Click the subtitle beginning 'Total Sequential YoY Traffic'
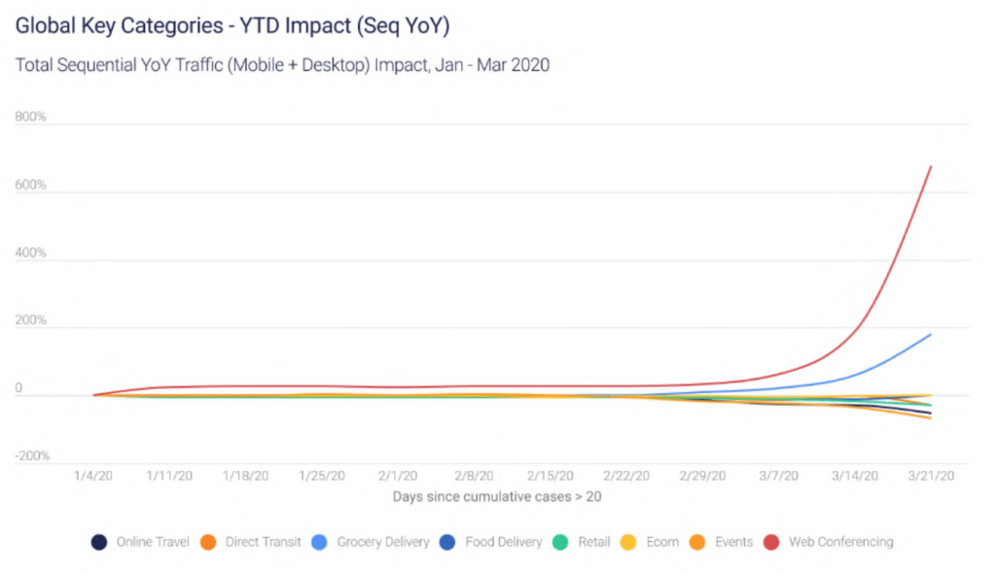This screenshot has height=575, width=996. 282,65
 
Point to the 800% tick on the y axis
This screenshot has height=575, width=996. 31,117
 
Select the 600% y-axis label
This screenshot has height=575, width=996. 31,185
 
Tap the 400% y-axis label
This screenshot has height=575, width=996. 31,253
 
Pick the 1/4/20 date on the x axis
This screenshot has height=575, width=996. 94,476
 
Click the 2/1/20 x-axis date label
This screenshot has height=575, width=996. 398,476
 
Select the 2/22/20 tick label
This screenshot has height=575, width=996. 625,476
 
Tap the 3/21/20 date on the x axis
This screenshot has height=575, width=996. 930,476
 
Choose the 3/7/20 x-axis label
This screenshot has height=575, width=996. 778,476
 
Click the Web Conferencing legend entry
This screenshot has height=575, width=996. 840,542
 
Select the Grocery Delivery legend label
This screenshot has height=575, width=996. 382,542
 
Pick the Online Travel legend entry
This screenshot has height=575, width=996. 153,542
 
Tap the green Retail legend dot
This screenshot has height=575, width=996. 562,542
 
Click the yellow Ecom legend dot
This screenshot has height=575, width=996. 628,542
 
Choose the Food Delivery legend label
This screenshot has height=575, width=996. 503,542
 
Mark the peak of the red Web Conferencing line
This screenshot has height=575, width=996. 931,166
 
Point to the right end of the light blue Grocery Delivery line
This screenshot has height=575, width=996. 931,335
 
